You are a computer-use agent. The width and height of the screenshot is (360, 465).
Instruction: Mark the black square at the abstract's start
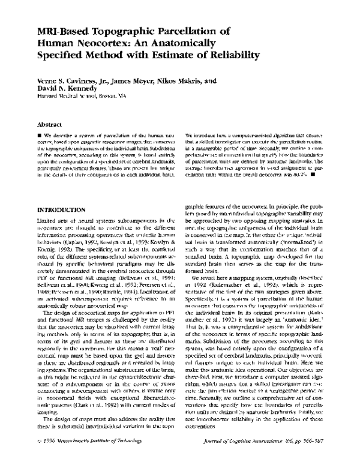point(40,136)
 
